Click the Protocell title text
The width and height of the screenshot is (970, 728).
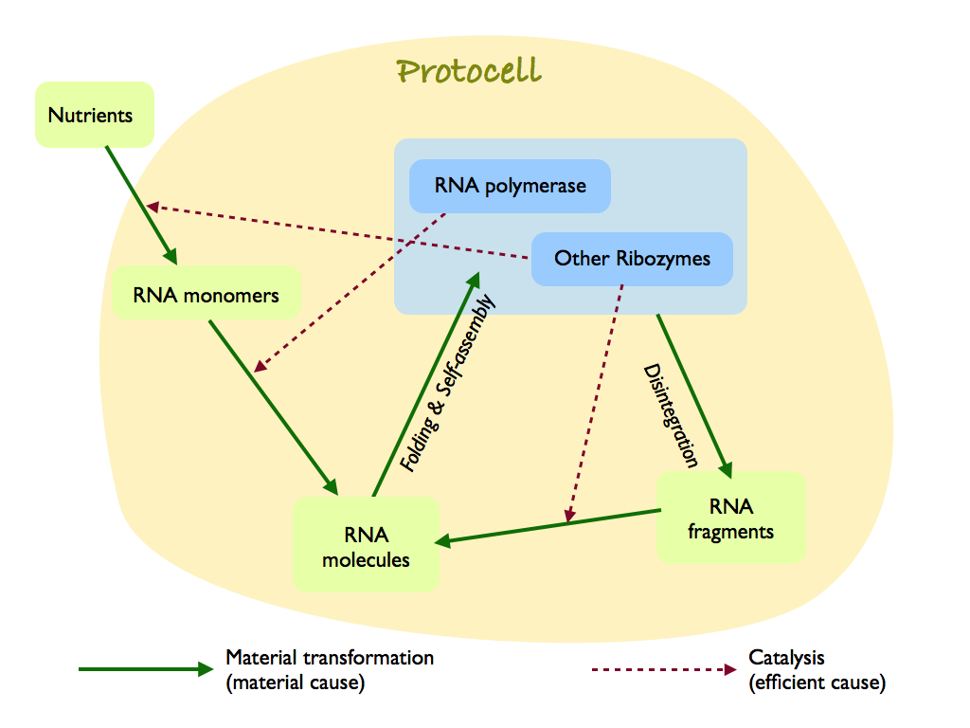point(469,72)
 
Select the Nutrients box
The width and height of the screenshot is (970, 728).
point(94,115)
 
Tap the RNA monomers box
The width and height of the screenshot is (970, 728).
point(206,294)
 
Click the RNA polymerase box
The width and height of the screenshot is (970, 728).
point(510,186)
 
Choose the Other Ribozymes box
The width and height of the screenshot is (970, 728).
point(632,258)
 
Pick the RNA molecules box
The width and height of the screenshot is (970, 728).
point(366,547)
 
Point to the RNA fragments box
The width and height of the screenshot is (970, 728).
point(730,519)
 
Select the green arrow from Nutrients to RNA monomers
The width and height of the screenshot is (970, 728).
point(140,204)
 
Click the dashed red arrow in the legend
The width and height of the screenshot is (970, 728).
point(663,669)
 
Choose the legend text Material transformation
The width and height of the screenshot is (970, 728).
point(329,657)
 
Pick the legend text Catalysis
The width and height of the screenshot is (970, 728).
point(786,657)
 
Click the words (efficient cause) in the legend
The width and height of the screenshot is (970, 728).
point(817,682)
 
